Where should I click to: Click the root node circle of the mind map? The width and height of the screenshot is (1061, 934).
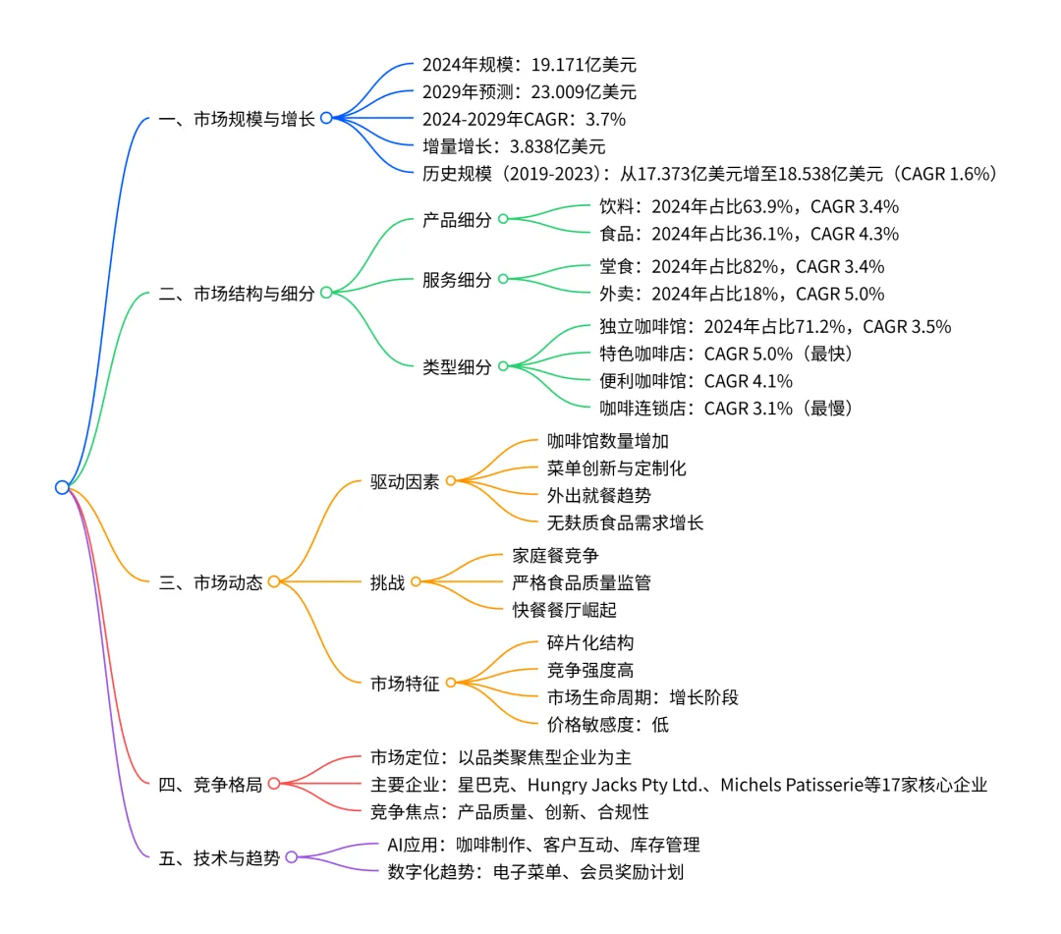point(62,487)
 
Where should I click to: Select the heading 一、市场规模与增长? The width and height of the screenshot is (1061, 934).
point(236,119)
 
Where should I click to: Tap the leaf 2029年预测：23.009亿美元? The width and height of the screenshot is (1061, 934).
point(529,92)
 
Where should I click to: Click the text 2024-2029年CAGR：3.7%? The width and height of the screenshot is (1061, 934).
point(524,120)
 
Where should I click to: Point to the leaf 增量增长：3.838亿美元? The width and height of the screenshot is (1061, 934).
point(514,147)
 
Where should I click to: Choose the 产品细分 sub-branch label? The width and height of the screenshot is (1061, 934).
point(457,220)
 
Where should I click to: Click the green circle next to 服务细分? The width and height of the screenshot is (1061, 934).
point(503,279)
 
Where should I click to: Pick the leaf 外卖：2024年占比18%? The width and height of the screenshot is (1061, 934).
point(742,294)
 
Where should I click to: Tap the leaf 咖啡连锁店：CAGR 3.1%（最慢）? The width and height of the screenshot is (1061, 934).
point(733,409)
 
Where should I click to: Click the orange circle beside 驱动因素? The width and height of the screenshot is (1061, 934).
point(451,481)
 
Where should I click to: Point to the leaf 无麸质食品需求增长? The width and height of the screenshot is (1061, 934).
point(625,522)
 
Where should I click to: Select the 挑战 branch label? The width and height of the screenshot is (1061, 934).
point(387,582)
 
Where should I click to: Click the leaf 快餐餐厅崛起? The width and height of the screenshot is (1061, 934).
point(564,610)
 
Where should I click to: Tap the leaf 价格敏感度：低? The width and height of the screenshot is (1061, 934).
point(608,725)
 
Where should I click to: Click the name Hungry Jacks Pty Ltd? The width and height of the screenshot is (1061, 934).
point(618,785)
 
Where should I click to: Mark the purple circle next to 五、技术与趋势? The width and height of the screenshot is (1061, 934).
point(292,857)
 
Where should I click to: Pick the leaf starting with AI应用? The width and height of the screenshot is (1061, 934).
point(543,845)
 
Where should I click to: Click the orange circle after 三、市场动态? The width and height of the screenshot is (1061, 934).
point(274,581)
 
